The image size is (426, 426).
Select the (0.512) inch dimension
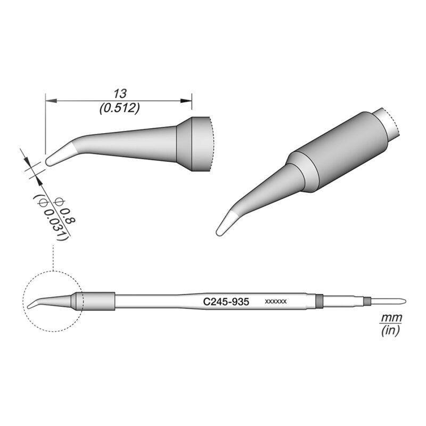click(119, 108)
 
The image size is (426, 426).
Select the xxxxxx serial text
click(276, 302)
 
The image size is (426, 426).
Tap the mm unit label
click(390, 318)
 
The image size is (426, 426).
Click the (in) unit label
click(390, 331)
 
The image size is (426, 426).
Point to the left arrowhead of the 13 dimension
click(50, 99)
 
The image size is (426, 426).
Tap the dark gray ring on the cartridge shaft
click(319, 301)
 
